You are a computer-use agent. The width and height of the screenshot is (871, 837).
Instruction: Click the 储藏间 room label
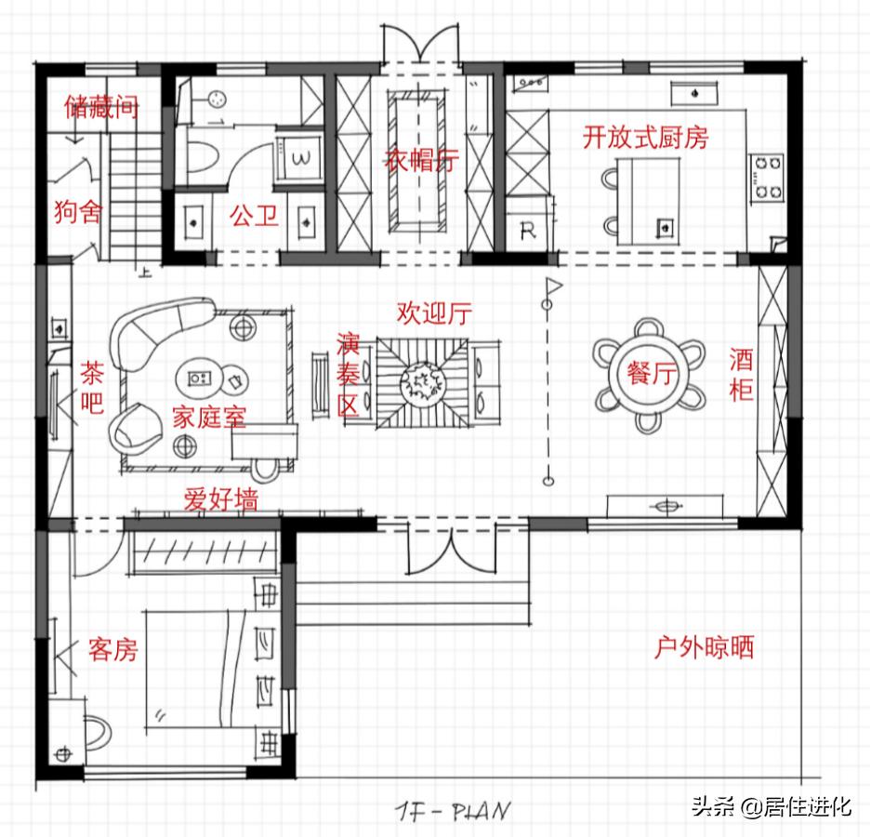point(101,108)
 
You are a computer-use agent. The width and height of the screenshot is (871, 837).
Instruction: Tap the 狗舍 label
point(77,212)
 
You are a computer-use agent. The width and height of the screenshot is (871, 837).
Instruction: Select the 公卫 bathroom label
point(254,218)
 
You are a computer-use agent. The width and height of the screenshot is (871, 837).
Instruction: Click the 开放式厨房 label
point(645,138)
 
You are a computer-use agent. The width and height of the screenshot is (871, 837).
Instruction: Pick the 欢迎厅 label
point(433,313)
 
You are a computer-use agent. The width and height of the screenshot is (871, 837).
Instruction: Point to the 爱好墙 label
point(220,499)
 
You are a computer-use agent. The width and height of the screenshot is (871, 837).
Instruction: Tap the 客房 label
point(112,649)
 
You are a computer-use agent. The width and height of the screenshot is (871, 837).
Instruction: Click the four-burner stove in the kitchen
point(768,178)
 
